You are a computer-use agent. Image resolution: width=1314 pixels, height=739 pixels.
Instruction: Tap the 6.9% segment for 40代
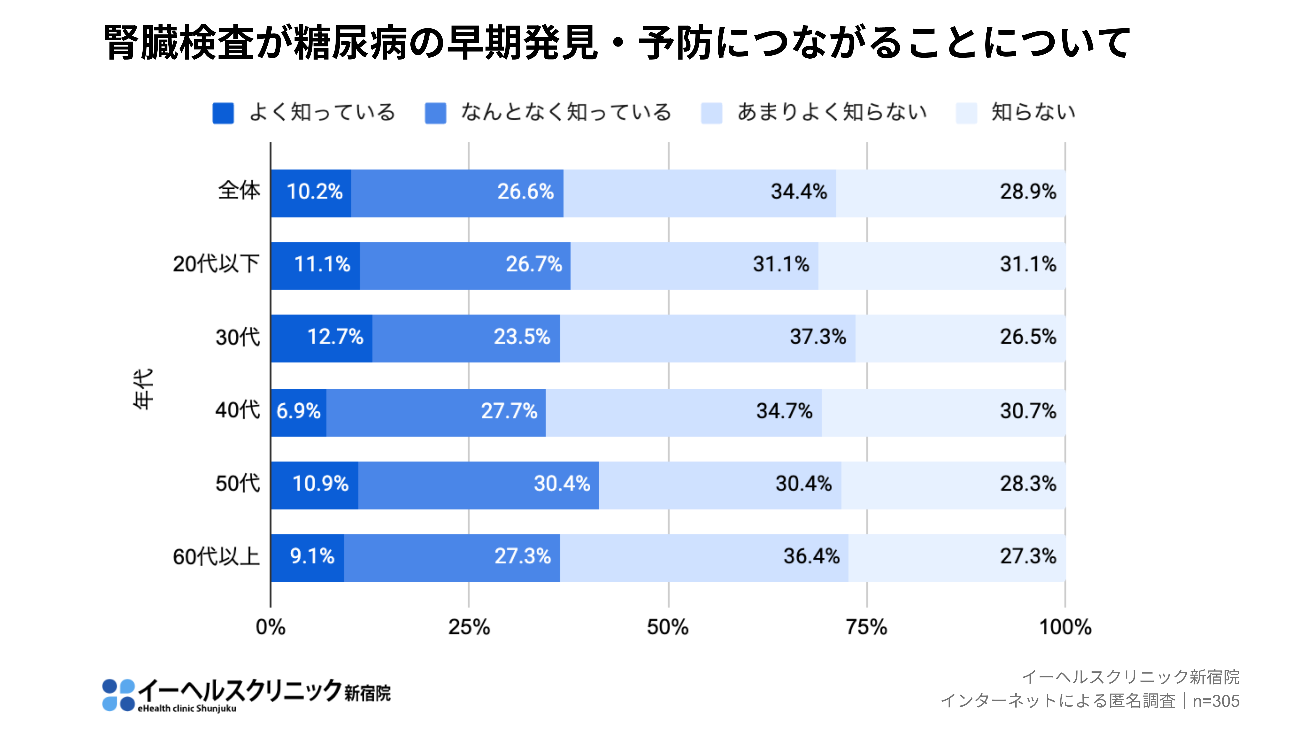[x=298, y=412]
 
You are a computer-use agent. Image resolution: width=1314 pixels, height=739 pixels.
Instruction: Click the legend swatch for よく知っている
[x=223, y=113]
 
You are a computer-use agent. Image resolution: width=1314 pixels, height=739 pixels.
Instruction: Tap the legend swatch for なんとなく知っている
[x=435, y=113]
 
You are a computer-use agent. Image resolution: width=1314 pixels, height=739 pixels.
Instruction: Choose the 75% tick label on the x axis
[x=866, y=627]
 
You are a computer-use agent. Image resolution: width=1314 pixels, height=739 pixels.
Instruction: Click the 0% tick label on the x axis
[x=270, y=627]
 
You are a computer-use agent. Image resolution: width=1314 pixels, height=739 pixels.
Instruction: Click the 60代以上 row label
[x=216, y=557]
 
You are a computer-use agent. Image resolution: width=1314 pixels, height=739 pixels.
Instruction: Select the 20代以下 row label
[x=216, y=264]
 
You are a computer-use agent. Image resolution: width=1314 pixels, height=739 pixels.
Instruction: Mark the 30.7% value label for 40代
[x=1027, y=411]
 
